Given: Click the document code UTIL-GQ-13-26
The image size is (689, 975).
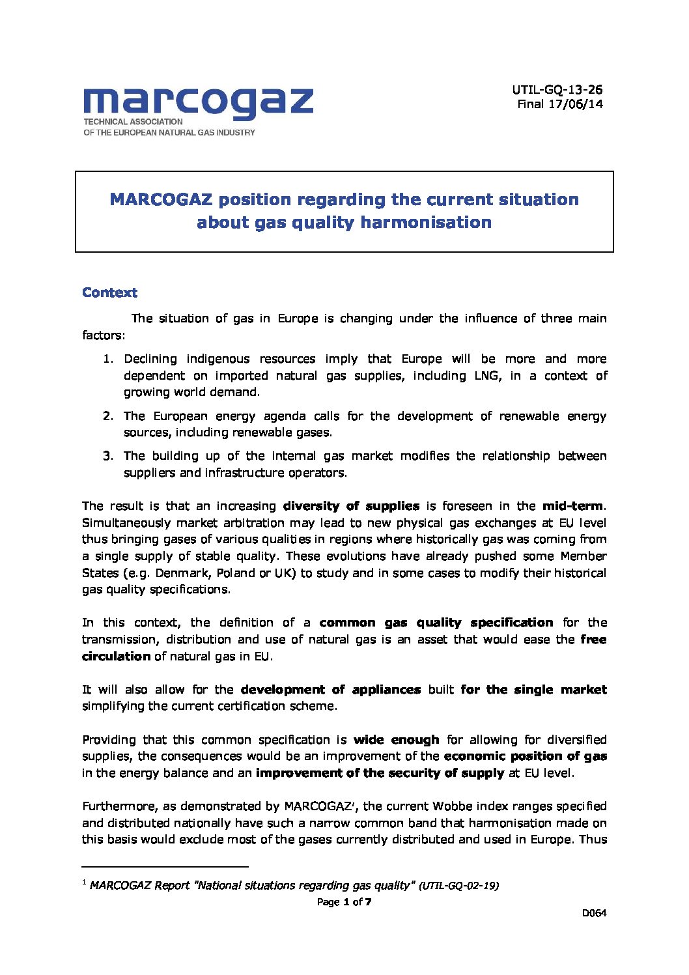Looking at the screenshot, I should (x=557, y=90).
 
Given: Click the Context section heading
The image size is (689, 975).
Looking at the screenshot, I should (x=109, y=292).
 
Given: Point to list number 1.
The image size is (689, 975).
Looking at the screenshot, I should (x=108, y=359).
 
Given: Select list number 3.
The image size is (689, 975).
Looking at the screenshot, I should (x=108, y=456).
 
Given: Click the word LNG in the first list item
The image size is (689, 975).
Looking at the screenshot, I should (x=488, y=376).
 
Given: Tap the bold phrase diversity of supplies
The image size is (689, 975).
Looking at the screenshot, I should (x=351, y=506).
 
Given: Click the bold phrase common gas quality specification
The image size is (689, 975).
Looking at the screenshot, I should (x=436, y=623).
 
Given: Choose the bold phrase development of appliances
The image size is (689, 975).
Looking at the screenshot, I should (x=330, y=690).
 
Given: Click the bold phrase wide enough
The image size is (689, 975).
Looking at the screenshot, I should (x=396, y=740).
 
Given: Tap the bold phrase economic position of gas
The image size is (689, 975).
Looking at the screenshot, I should (x=525, y=756).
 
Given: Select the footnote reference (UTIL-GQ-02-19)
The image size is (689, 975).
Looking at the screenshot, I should (x=458, y=886).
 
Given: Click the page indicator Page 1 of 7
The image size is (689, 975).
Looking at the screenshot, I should (x=344, y=902).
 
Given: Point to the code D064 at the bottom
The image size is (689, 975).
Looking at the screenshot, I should (x=594, y=913).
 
